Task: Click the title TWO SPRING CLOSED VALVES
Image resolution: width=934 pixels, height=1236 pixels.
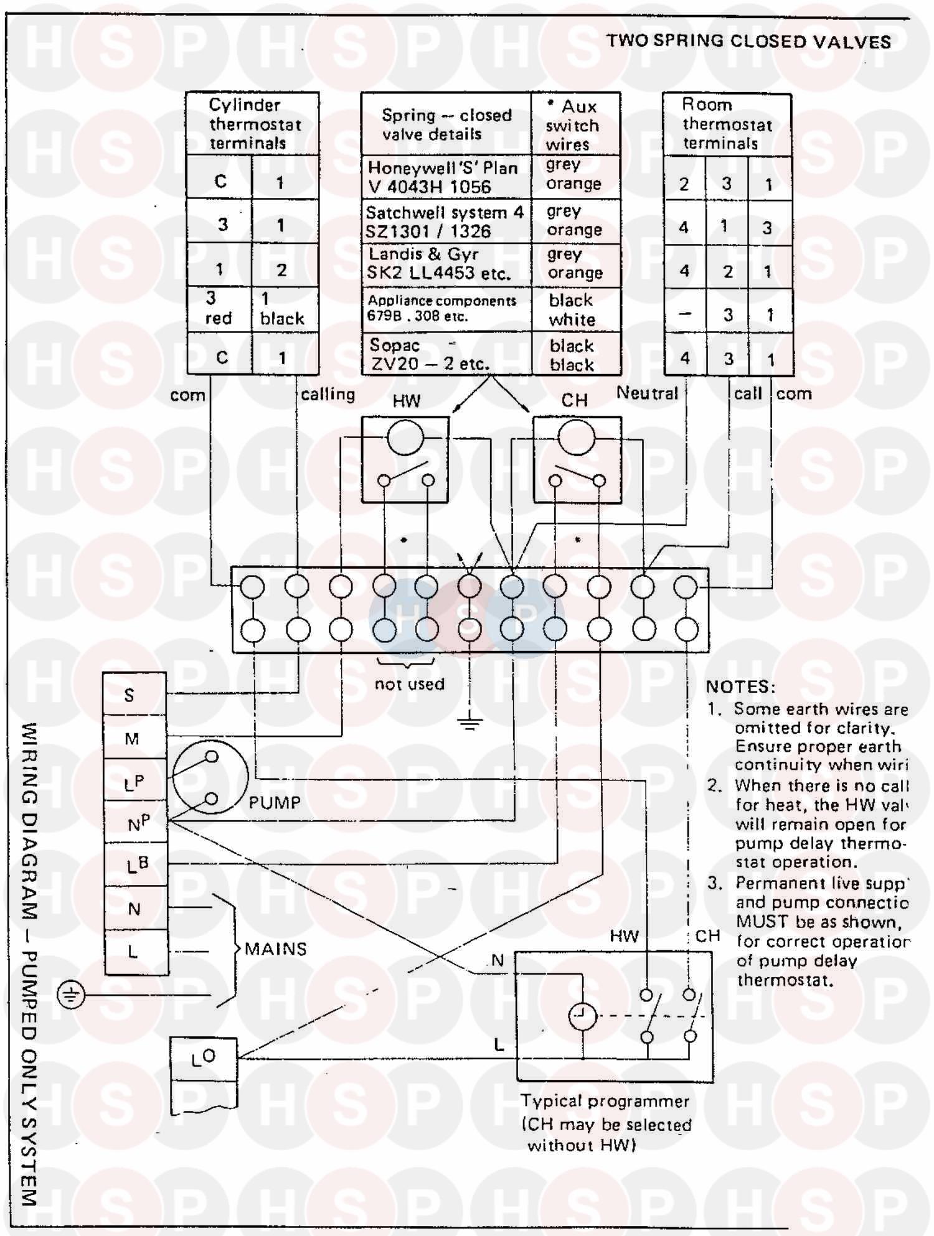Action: point(748,41)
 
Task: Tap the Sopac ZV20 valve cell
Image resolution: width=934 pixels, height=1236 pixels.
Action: point(446,354)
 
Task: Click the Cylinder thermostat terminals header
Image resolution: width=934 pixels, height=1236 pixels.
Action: point(253,124)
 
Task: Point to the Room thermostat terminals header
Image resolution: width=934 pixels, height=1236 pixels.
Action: point(727,124)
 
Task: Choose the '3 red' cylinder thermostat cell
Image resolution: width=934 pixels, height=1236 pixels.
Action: point(219,309)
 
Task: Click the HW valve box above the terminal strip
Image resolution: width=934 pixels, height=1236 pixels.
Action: point(405,459)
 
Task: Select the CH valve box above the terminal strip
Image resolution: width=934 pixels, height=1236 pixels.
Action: point(577,459)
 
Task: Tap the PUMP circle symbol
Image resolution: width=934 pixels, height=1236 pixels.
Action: point(210,777)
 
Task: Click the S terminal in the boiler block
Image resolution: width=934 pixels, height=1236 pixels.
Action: point(134,695)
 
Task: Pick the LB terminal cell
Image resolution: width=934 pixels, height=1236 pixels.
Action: point(136,864)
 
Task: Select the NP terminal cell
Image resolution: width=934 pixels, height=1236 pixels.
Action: point(136,823)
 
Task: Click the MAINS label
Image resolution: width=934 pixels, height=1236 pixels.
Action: point(276,949)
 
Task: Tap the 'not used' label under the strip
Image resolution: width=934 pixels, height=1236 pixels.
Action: point(409,684)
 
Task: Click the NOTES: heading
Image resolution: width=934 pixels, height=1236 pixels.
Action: point(740,686)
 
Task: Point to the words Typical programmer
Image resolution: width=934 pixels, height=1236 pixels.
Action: point(605,1101)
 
